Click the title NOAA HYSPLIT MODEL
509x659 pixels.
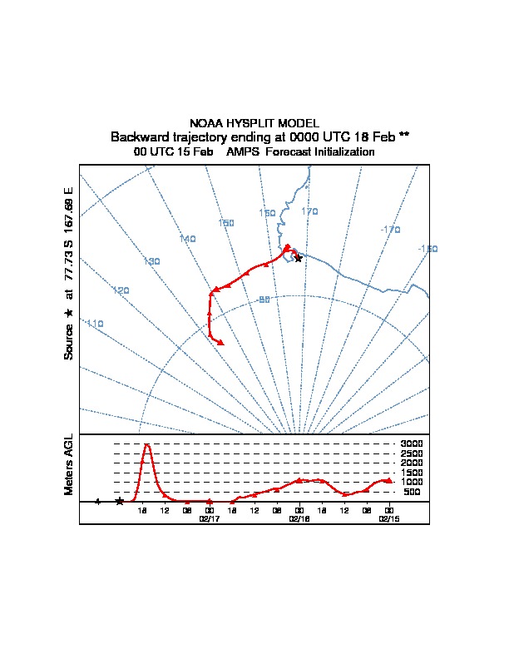[x=254, y=123]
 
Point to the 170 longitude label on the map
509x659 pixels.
[x=309, y=212]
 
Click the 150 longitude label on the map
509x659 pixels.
[x=267, y=214]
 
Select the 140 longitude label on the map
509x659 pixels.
[x=187, y=240]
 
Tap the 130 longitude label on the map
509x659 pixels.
[x=151, y=262]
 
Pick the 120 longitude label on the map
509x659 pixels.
[x=121, y=291]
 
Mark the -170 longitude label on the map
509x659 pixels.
[x=390, y=230]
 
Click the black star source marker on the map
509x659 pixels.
[x=298, y=259]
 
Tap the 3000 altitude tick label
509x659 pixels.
[x=412, y=443]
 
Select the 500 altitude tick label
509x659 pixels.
[x=412, y=493]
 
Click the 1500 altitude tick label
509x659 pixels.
[x=412, y=473]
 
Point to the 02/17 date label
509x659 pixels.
[x=208, y=518]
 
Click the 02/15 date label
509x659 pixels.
[x=388, y=518]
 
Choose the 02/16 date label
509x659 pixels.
[x=299, y=518]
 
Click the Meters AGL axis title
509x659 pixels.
[x=70, y=465]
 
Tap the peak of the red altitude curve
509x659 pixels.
[x=147, y=444]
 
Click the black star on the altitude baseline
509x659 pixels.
[x=120, y=502]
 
